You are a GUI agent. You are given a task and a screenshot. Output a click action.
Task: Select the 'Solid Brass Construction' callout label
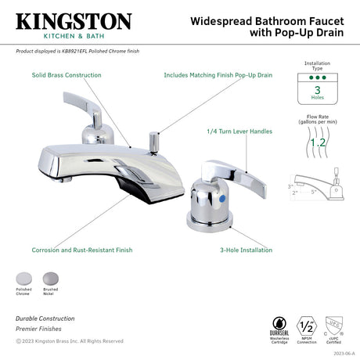67,75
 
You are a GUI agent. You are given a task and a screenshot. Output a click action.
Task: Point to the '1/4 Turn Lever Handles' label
239,132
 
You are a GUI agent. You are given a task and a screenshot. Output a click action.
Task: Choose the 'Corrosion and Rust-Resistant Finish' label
82,250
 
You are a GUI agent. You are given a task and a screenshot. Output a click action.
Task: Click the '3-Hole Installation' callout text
246,250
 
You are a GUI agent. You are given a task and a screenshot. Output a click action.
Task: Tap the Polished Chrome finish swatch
23,278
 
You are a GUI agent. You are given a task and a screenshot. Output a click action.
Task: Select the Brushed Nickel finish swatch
50,278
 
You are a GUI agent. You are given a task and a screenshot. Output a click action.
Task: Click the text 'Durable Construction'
45,319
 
